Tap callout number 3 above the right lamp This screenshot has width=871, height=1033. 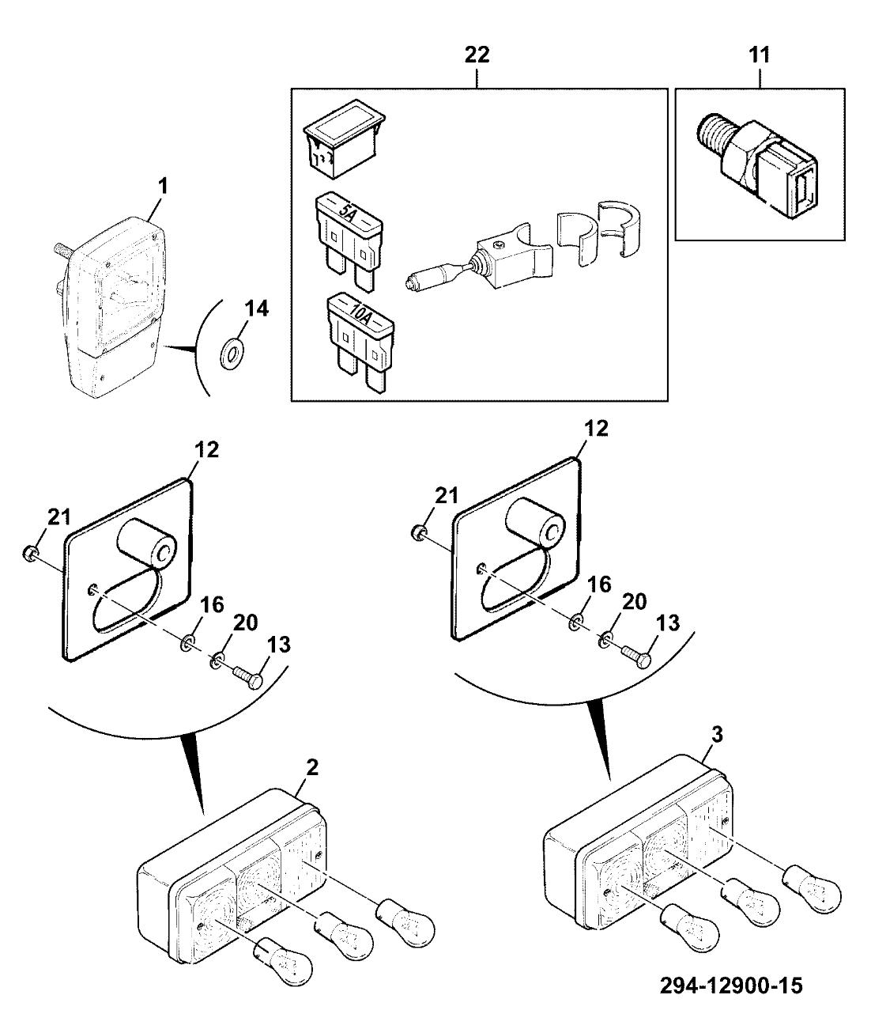click(716, 733)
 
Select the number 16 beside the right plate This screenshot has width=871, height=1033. click(599, 585)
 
